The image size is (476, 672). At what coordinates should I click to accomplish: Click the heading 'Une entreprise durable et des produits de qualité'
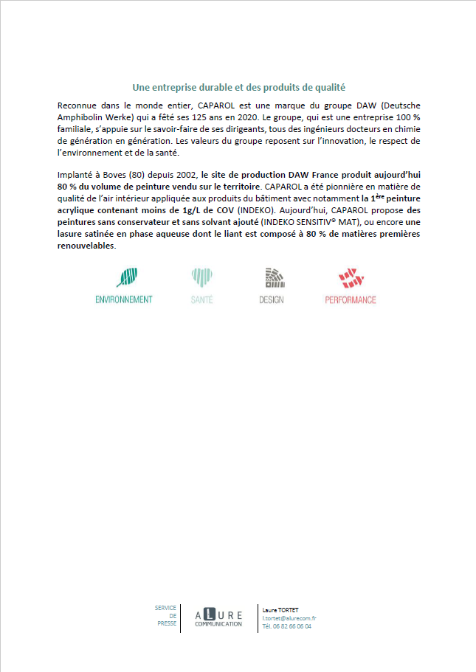(238, 86)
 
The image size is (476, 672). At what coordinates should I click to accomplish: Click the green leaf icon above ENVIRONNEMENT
(126, 277)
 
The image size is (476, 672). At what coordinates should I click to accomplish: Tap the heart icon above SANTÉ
(201, 277)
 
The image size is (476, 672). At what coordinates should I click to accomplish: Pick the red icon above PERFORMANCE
(351, 277)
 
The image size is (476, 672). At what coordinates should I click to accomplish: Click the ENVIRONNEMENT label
(124, 299)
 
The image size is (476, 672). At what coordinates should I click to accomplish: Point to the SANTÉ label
(201, 299)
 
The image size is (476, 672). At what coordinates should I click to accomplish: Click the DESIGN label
(272, 299)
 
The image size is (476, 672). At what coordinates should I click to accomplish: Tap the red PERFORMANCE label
(351, 299)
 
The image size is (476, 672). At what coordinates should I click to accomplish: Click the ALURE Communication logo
(218, 617)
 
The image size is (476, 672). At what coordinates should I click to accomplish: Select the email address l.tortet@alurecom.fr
(289, 617)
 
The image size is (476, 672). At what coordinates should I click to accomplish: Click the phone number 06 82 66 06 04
(293, 626)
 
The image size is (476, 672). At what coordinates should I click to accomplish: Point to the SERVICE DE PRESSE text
(166, 615)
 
